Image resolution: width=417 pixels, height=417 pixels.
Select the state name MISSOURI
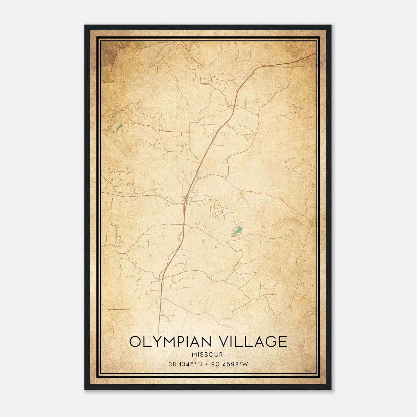click(208, 354)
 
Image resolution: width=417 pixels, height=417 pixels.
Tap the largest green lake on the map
click(238, 231)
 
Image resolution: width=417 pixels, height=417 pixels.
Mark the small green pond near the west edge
click(119, 128)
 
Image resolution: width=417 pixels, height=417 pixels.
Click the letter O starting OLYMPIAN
click(135, 342)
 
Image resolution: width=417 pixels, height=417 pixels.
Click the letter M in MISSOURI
click(194, 354)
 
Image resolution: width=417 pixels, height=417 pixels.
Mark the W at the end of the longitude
click(245, 364)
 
